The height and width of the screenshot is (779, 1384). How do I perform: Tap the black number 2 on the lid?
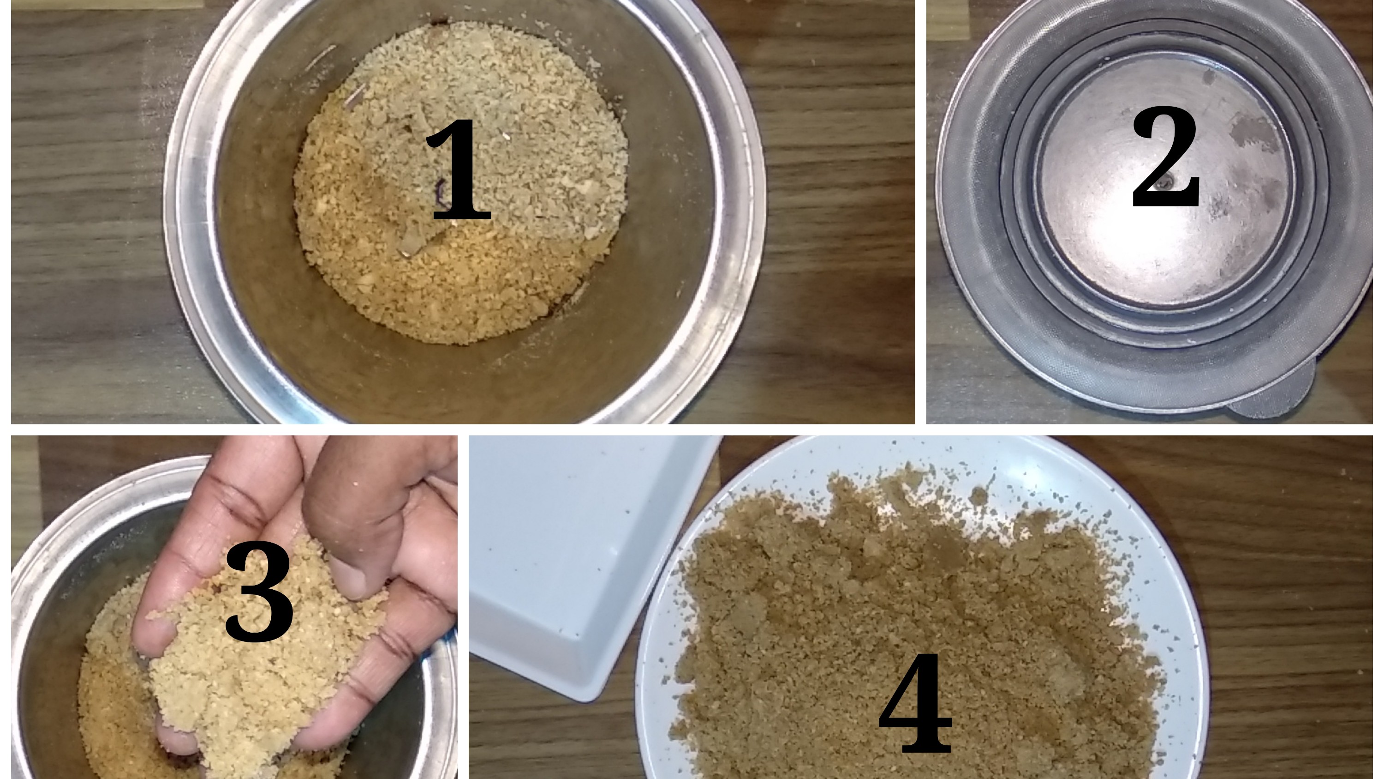point(1166,157)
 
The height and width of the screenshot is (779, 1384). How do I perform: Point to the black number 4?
point(915,703)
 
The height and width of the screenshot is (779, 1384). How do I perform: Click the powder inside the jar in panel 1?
point(462,183)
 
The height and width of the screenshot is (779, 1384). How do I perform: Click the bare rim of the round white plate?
point(653,672)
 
